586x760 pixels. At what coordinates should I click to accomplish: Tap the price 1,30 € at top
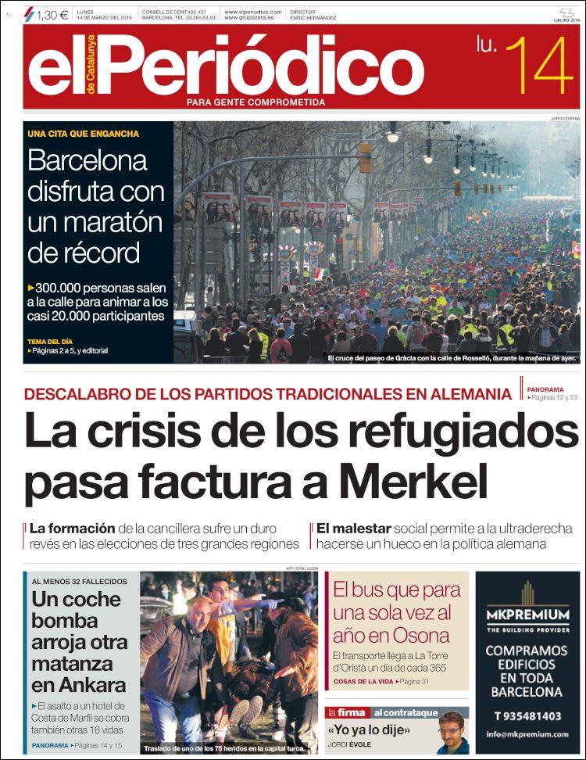(x=52, y=14)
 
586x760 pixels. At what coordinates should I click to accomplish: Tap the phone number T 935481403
(x=527, y=715)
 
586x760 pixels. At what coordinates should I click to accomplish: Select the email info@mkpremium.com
(x=527, y=734)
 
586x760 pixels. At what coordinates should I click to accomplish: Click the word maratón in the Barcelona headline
(x=90, y=224)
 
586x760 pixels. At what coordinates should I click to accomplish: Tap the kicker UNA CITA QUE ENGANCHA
(x=84, y=134)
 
